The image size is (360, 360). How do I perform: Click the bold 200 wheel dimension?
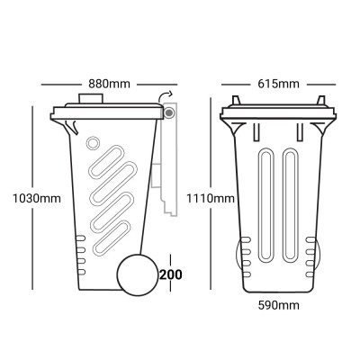tap(170, 274)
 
